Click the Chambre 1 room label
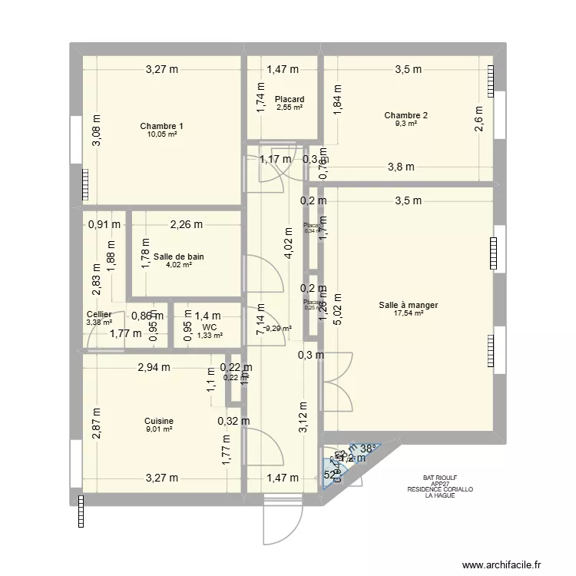pos(161,126)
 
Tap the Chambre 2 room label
pos(406,116)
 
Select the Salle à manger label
pos(408,305)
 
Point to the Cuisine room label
pos(158,421)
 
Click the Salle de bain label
pos(178,257)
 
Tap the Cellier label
pos(99,315)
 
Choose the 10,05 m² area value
pos(161,134)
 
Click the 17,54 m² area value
pos(408,313)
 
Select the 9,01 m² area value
pos(158,429)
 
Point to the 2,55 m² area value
pos(289,108)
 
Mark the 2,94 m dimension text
pos(154,369)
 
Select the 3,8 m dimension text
pos(400,167)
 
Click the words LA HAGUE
pos(440,495)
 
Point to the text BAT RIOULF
pos(440,477)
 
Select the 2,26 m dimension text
pos(187,225)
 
